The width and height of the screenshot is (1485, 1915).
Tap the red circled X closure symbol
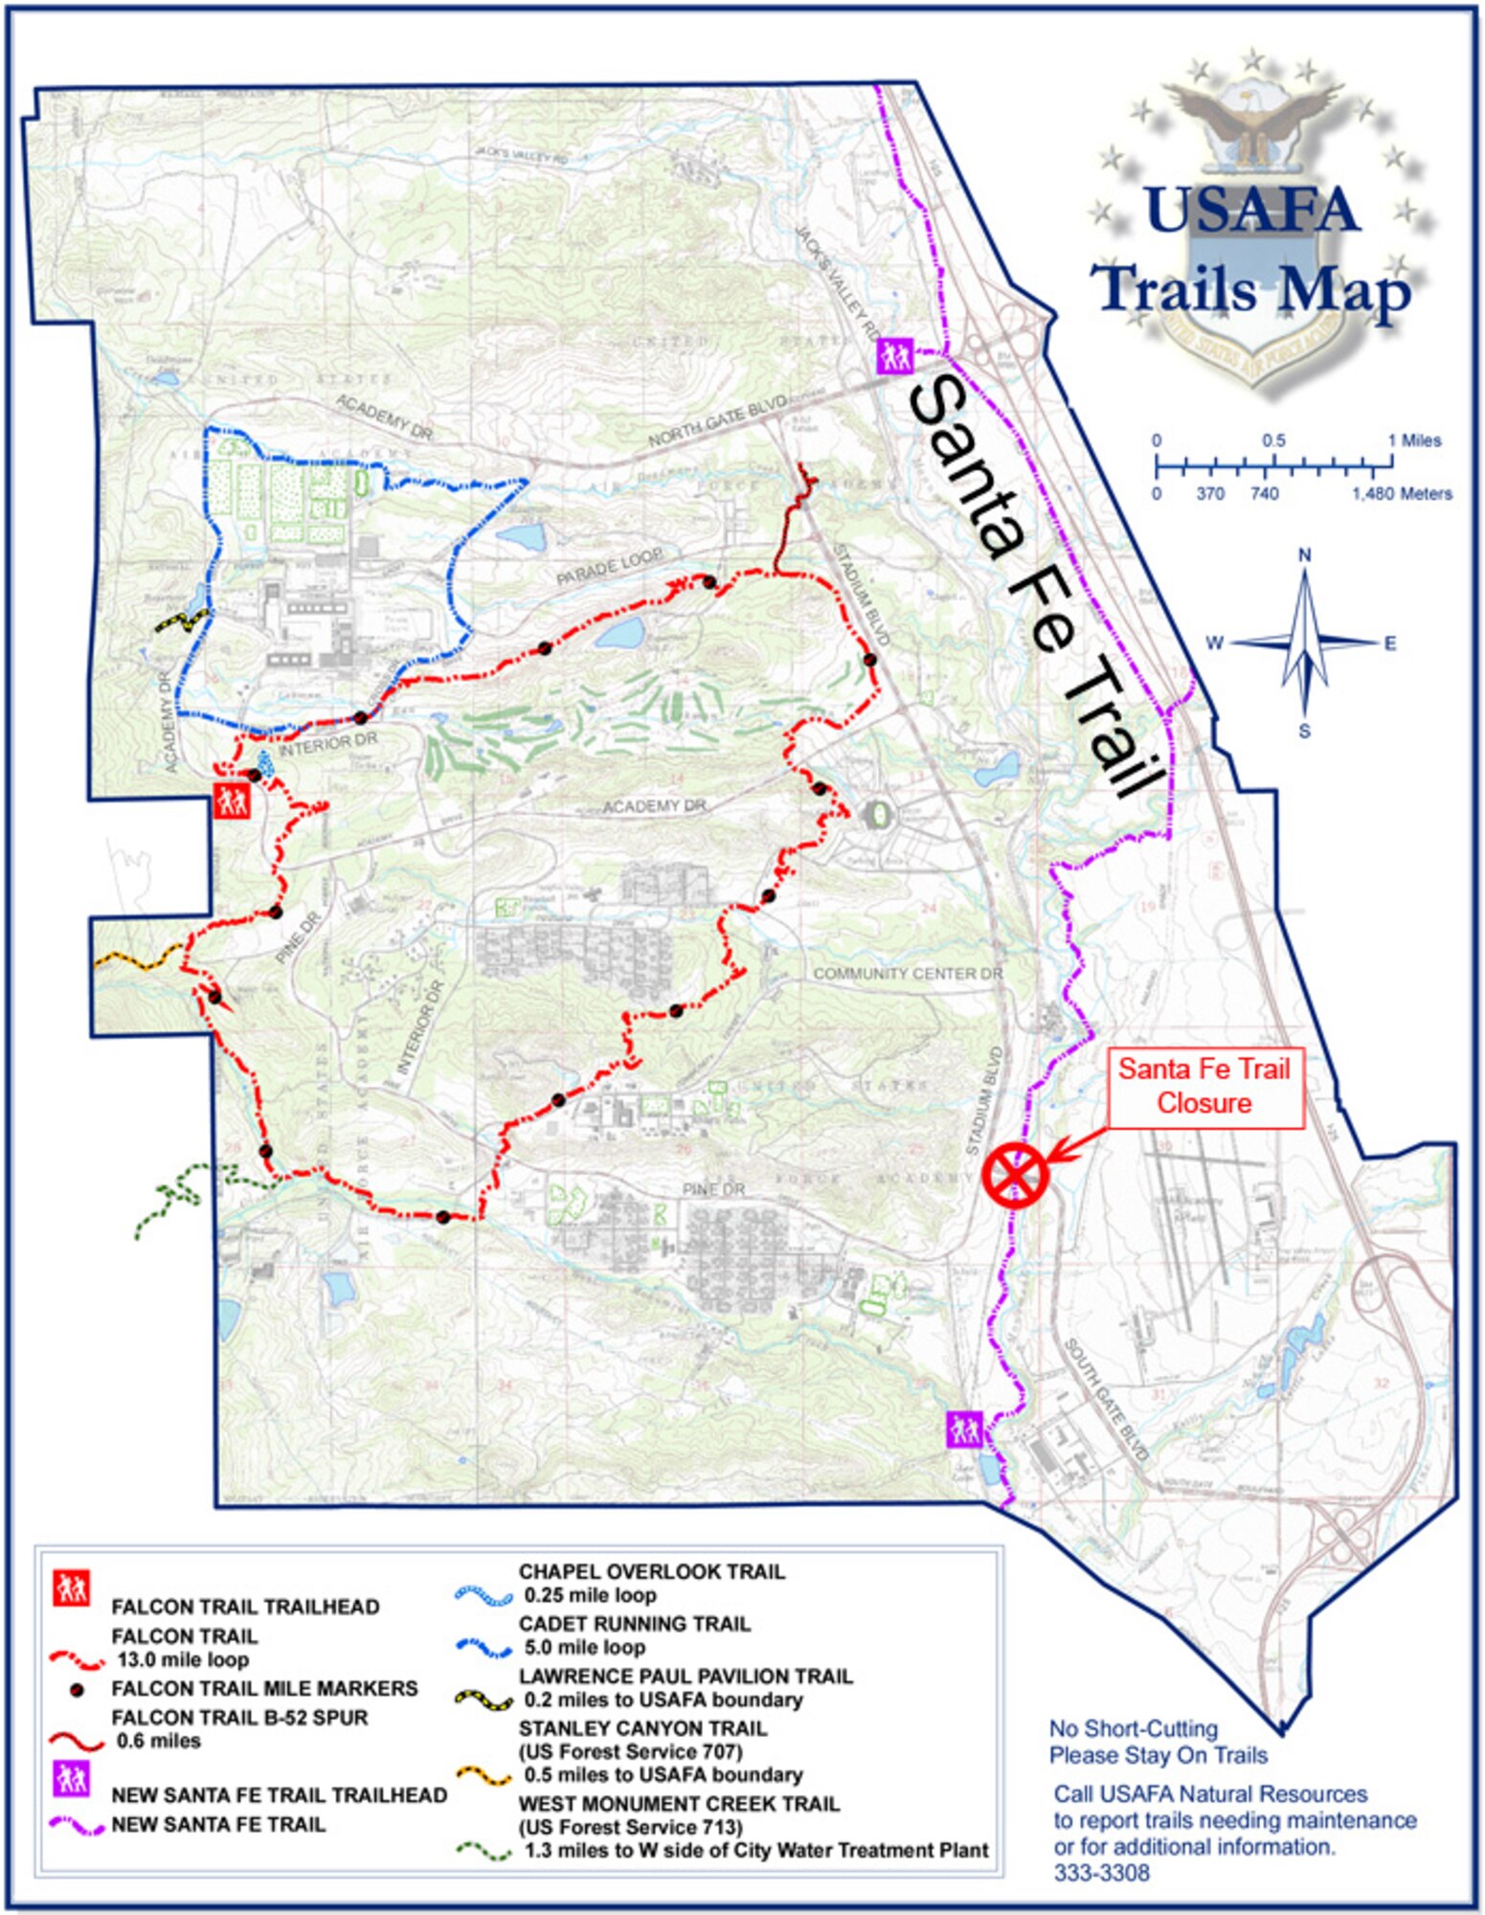pyautogui.click(x=1015, y=1174)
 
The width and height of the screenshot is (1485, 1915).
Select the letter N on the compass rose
pyautogui.click(x=1304, y=555)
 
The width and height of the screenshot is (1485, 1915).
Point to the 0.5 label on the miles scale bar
pyautogui.click(x=1273, y=441)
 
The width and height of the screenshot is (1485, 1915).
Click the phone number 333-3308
pyautogui.click(x=1101, y=1873)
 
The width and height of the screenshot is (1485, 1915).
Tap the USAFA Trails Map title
pyautogui.click(x=1252, y=249)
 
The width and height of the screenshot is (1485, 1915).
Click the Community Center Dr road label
pyautogui.click(x=908, y=974)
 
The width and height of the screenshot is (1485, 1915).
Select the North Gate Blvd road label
pyautogui.click(x=718, y=421)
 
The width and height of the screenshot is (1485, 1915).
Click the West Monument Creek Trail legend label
pyautogui.click(x=679, y=1804)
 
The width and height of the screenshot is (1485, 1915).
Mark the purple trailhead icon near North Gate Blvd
pyautogui.click(x=895, y=356)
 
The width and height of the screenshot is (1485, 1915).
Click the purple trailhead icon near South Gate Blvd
pyautogui.click(x=963, y=1430)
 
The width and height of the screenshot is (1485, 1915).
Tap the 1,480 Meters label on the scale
pyautogui.click(x=1402, y=494)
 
